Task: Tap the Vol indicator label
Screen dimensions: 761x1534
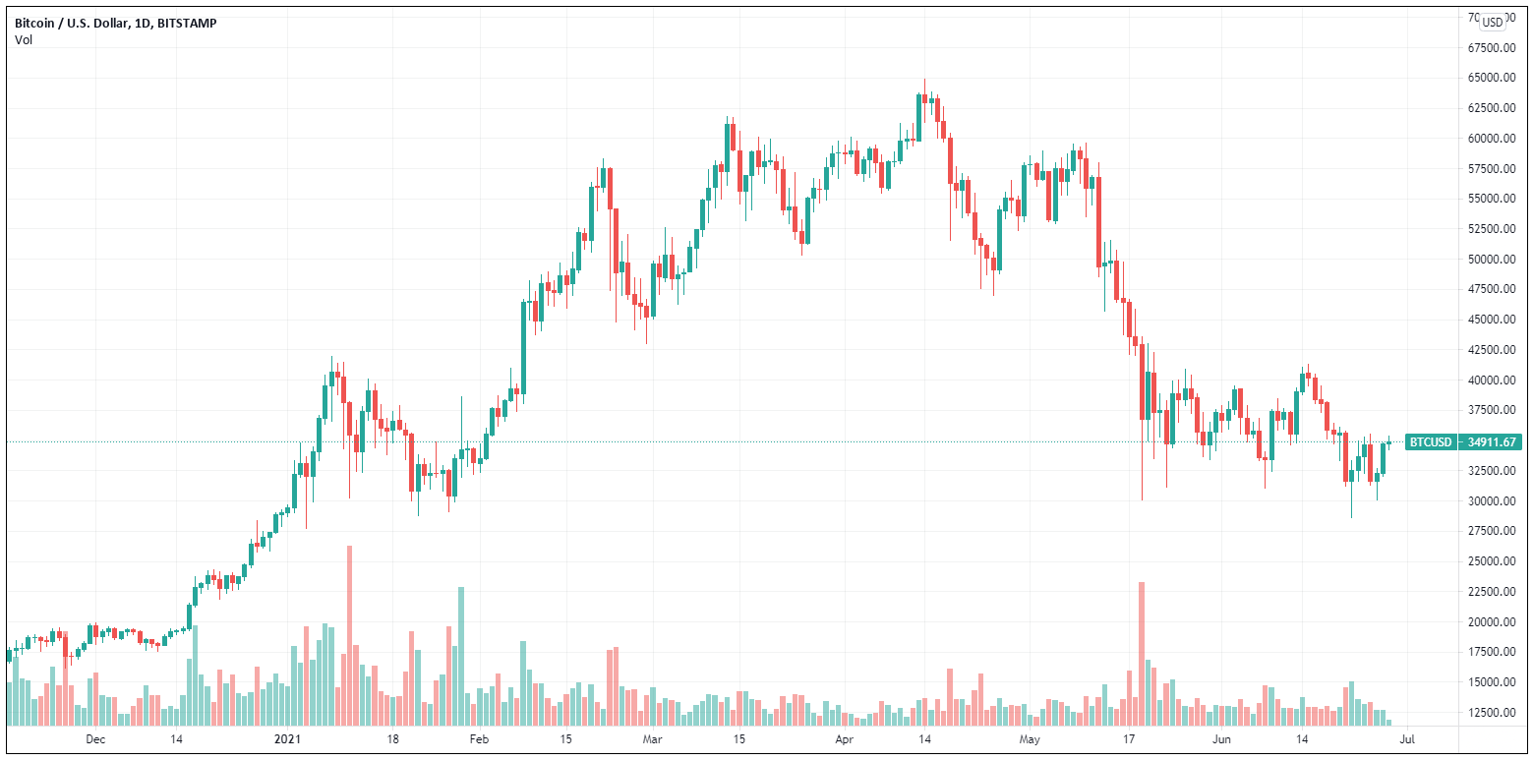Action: coord(23,39)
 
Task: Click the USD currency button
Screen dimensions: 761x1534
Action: coord(1493,22)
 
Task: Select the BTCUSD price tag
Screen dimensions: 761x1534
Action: coord(1430,442)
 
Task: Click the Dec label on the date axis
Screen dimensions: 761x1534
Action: coord(94,738)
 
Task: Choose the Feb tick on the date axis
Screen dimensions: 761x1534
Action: coord(478,738)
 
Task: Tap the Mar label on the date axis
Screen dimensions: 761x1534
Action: coord(653,738)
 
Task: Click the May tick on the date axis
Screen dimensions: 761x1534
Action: coord(1030,738)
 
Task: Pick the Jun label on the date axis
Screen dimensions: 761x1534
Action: coord(1221,738)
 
